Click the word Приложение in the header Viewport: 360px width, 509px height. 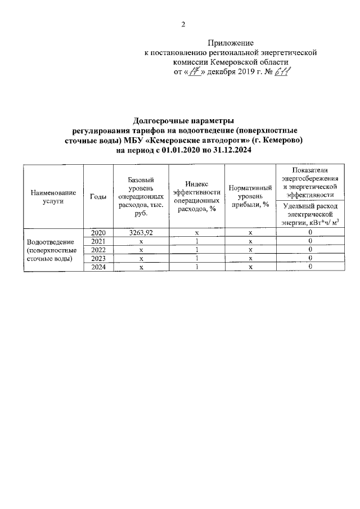coord(231,43)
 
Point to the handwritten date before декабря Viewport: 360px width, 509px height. coord(195,72)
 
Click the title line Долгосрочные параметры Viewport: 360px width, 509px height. coord(183,120)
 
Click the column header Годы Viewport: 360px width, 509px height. coord(98,196)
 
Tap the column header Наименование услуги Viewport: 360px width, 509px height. coord(53,196)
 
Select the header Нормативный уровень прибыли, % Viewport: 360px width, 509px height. coord(247,196)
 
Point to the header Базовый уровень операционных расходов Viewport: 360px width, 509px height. coord(141,196)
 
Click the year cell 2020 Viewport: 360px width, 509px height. coord(98,232)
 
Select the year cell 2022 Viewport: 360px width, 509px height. coord(98,250)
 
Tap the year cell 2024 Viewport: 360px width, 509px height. coord(98,267)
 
